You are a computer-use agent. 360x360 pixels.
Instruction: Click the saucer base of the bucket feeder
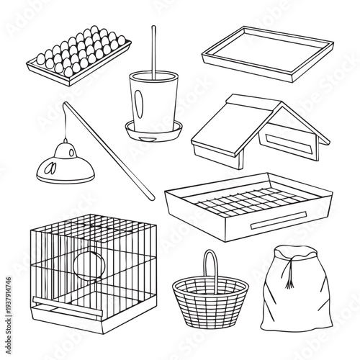153,130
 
